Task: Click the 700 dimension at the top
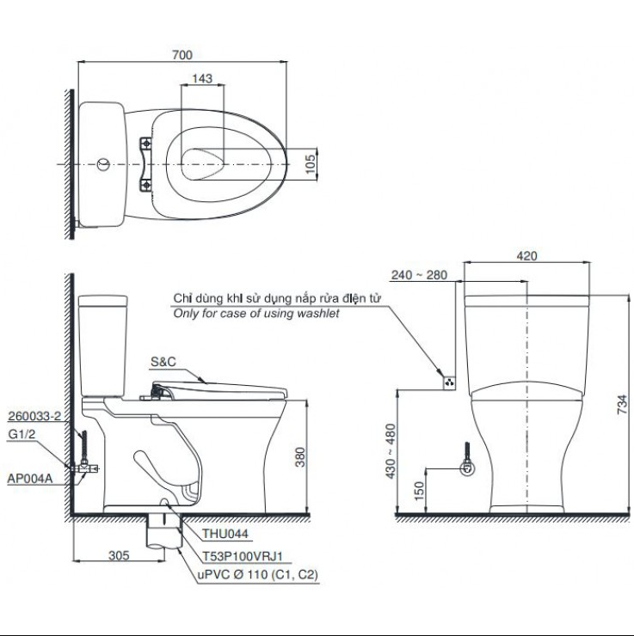click(181, 55)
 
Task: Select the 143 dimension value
click(202, 78)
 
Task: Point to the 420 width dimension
click(527, 255)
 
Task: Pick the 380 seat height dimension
click(299, 457)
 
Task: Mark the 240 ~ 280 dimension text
click(418, 275)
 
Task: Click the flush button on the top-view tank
click(102, 162)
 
